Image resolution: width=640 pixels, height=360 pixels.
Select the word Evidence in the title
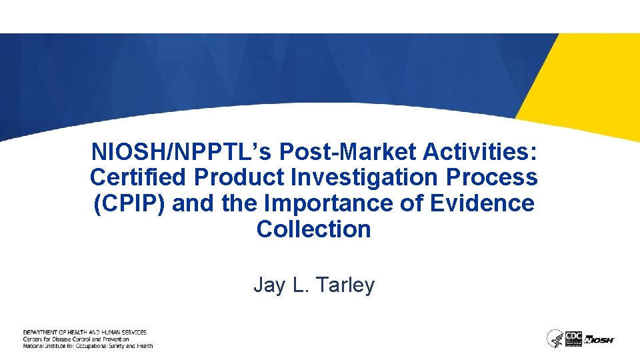coord(483,203)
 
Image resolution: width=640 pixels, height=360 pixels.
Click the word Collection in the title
coord(313,229)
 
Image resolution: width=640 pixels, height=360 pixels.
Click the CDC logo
coord(573,338)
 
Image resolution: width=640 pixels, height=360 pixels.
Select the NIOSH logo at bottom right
coord(599,339)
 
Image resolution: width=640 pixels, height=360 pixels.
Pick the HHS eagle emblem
coord(554,338)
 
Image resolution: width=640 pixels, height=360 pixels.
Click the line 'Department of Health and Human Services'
coord(85,332)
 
